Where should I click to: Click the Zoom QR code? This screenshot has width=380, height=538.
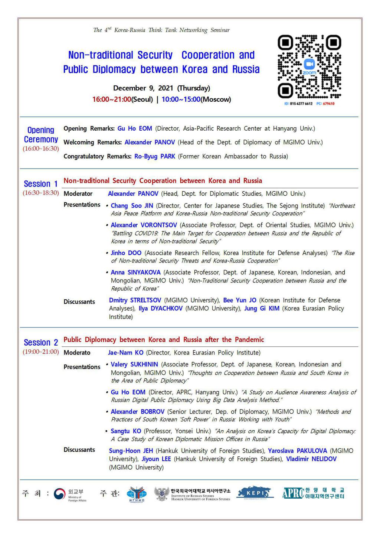tap(309, 66)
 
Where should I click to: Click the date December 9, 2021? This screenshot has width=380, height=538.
tap(143, 88)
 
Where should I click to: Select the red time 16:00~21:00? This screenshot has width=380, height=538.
tap(112, 100)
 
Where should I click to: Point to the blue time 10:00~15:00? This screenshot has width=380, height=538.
tap(181, 100)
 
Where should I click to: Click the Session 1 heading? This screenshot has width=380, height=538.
tap(41, 184)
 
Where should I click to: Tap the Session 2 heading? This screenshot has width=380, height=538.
tap(41, 342)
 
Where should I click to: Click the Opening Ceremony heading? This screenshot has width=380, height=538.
tap(41, 135)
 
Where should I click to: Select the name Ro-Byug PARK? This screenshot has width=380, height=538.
tap(155, 156)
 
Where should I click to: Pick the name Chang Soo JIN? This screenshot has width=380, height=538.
tap(132, 206)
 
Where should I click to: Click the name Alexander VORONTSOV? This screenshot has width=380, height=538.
tap(144, 225)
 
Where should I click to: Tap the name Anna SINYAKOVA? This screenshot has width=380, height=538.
tap(135, 273)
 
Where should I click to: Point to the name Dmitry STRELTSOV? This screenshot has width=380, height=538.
tap(135, 300)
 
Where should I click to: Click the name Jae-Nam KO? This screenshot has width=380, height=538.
tap(125, 353)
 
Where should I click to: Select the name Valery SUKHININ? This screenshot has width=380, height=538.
tap(134, 365)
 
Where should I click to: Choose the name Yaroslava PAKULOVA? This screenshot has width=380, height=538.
tap(298, 451)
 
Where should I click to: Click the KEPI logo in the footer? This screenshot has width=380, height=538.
tap(255, 493)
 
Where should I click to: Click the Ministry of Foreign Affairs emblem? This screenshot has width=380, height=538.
tap(59, 494)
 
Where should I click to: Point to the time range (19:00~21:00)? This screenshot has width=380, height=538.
tap(41, 352)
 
